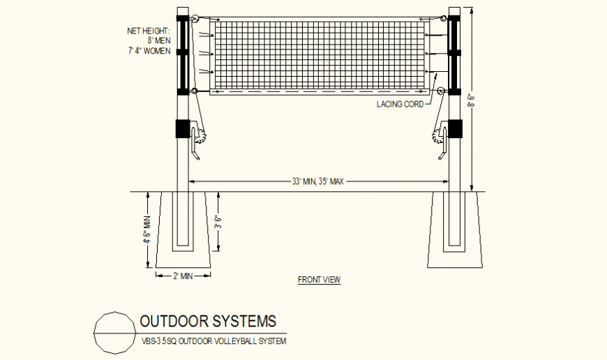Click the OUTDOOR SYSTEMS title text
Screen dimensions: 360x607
click(208, 322)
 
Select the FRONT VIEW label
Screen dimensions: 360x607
click(319, 280)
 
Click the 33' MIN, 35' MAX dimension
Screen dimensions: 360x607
click(318, 181)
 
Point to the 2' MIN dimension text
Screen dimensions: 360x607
click(183, 276)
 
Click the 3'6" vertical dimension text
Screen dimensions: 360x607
click(218, 221)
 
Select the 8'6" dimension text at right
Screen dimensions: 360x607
click(472, 102)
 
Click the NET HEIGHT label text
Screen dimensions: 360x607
click(148, 31)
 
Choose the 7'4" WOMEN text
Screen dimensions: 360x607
click(149, 51)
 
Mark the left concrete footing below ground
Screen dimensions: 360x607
click(183, 230)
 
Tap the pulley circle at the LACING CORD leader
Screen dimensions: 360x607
click(440, 91)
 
